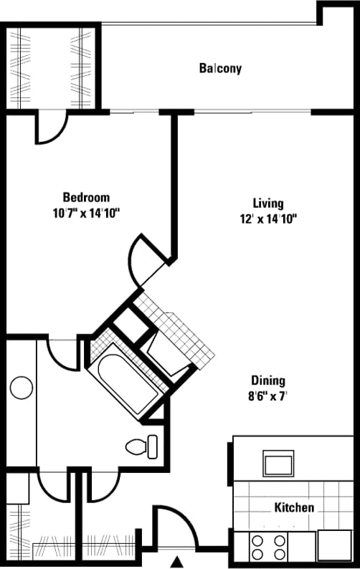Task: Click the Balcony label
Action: point(220,69)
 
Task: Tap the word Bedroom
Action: point(86,198)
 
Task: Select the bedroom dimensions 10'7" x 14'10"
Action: point(86,213)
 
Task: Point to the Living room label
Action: point(267,203)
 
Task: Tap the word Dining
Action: point(268,381)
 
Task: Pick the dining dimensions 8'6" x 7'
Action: point(268,395)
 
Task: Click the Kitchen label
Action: point(294,507)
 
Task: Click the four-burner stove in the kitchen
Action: point(268,547)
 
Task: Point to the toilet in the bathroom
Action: point(142,447)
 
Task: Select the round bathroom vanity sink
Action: point(22,388)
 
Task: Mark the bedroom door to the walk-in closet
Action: point(52,128)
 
